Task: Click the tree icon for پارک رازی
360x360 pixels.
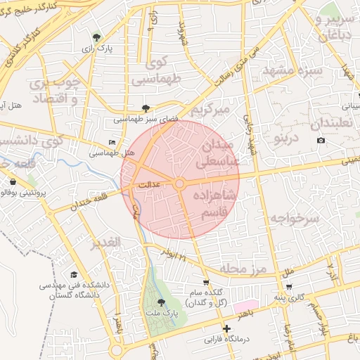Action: (x=96, y=37)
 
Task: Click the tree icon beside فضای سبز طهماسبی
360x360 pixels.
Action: (x=146, y=108)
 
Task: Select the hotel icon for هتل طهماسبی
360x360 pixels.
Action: (x=112, y=142)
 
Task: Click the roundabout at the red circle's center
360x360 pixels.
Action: (x=180, y=184)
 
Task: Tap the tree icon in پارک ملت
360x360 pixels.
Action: (x=161, y=302)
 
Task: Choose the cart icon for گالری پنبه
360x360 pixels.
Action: (x=290, y=287)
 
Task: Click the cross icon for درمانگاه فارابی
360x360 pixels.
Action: (x=226, y=328)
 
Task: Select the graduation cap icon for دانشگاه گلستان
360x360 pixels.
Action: (x=74, y=276)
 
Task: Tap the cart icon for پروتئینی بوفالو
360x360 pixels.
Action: (x=13, y=182)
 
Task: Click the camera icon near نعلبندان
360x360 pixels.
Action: (x=321, y=141)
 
